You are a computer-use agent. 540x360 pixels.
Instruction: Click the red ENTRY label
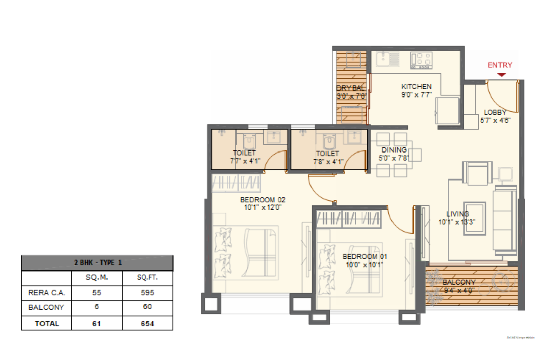(x=500, y=65)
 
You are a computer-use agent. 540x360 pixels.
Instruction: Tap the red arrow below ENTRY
(x=502, y=75)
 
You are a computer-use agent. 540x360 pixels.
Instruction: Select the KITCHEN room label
(x=416, y=87)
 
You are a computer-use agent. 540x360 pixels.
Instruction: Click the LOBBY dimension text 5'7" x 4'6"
(x=495, y=120)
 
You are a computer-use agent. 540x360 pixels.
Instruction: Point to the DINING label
(x=394, y=150)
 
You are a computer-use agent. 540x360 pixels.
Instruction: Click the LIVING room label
(x=457, y=214)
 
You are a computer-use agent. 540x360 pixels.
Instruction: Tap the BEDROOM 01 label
(x=364, y=256)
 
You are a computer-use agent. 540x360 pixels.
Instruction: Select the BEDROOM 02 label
(x=263, y=200)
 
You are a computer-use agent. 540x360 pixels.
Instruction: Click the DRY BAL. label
(x=351, y=88)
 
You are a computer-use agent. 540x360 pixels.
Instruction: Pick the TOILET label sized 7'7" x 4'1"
(x=244, y=153)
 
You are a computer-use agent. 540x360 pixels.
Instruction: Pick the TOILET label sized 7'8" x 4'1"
(x=327, y=154)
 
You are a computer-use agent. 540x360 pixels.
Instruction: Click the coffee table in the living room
(x=475, y=218)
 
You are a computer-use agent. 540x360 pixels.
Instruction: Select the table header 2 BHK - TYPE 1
(x=97, y=262)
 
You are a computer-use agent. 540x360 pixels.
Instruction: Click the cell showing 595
(x=147, y=293)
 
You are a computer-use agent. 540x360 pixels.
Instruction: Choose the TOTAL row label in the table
(x=47, y=323)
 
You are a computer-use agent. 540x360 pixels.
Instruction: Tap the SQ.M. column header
(x=97, y=277)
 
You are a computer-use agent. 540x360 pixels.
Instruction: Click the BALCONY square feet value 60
(x=147, y=307)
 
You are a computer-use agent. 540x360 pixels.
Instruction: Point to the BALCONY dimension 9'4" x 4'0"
(x=459, y=290)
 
